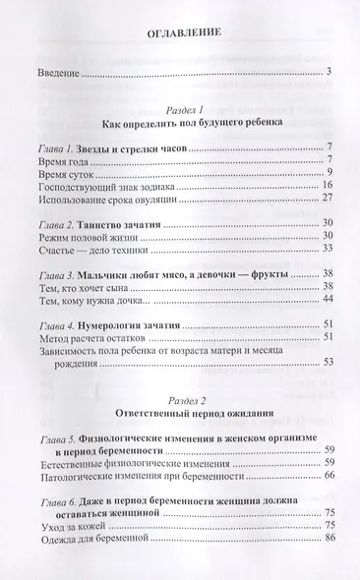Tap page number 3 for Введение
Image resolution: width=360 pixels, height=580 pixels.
point(330,71)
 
